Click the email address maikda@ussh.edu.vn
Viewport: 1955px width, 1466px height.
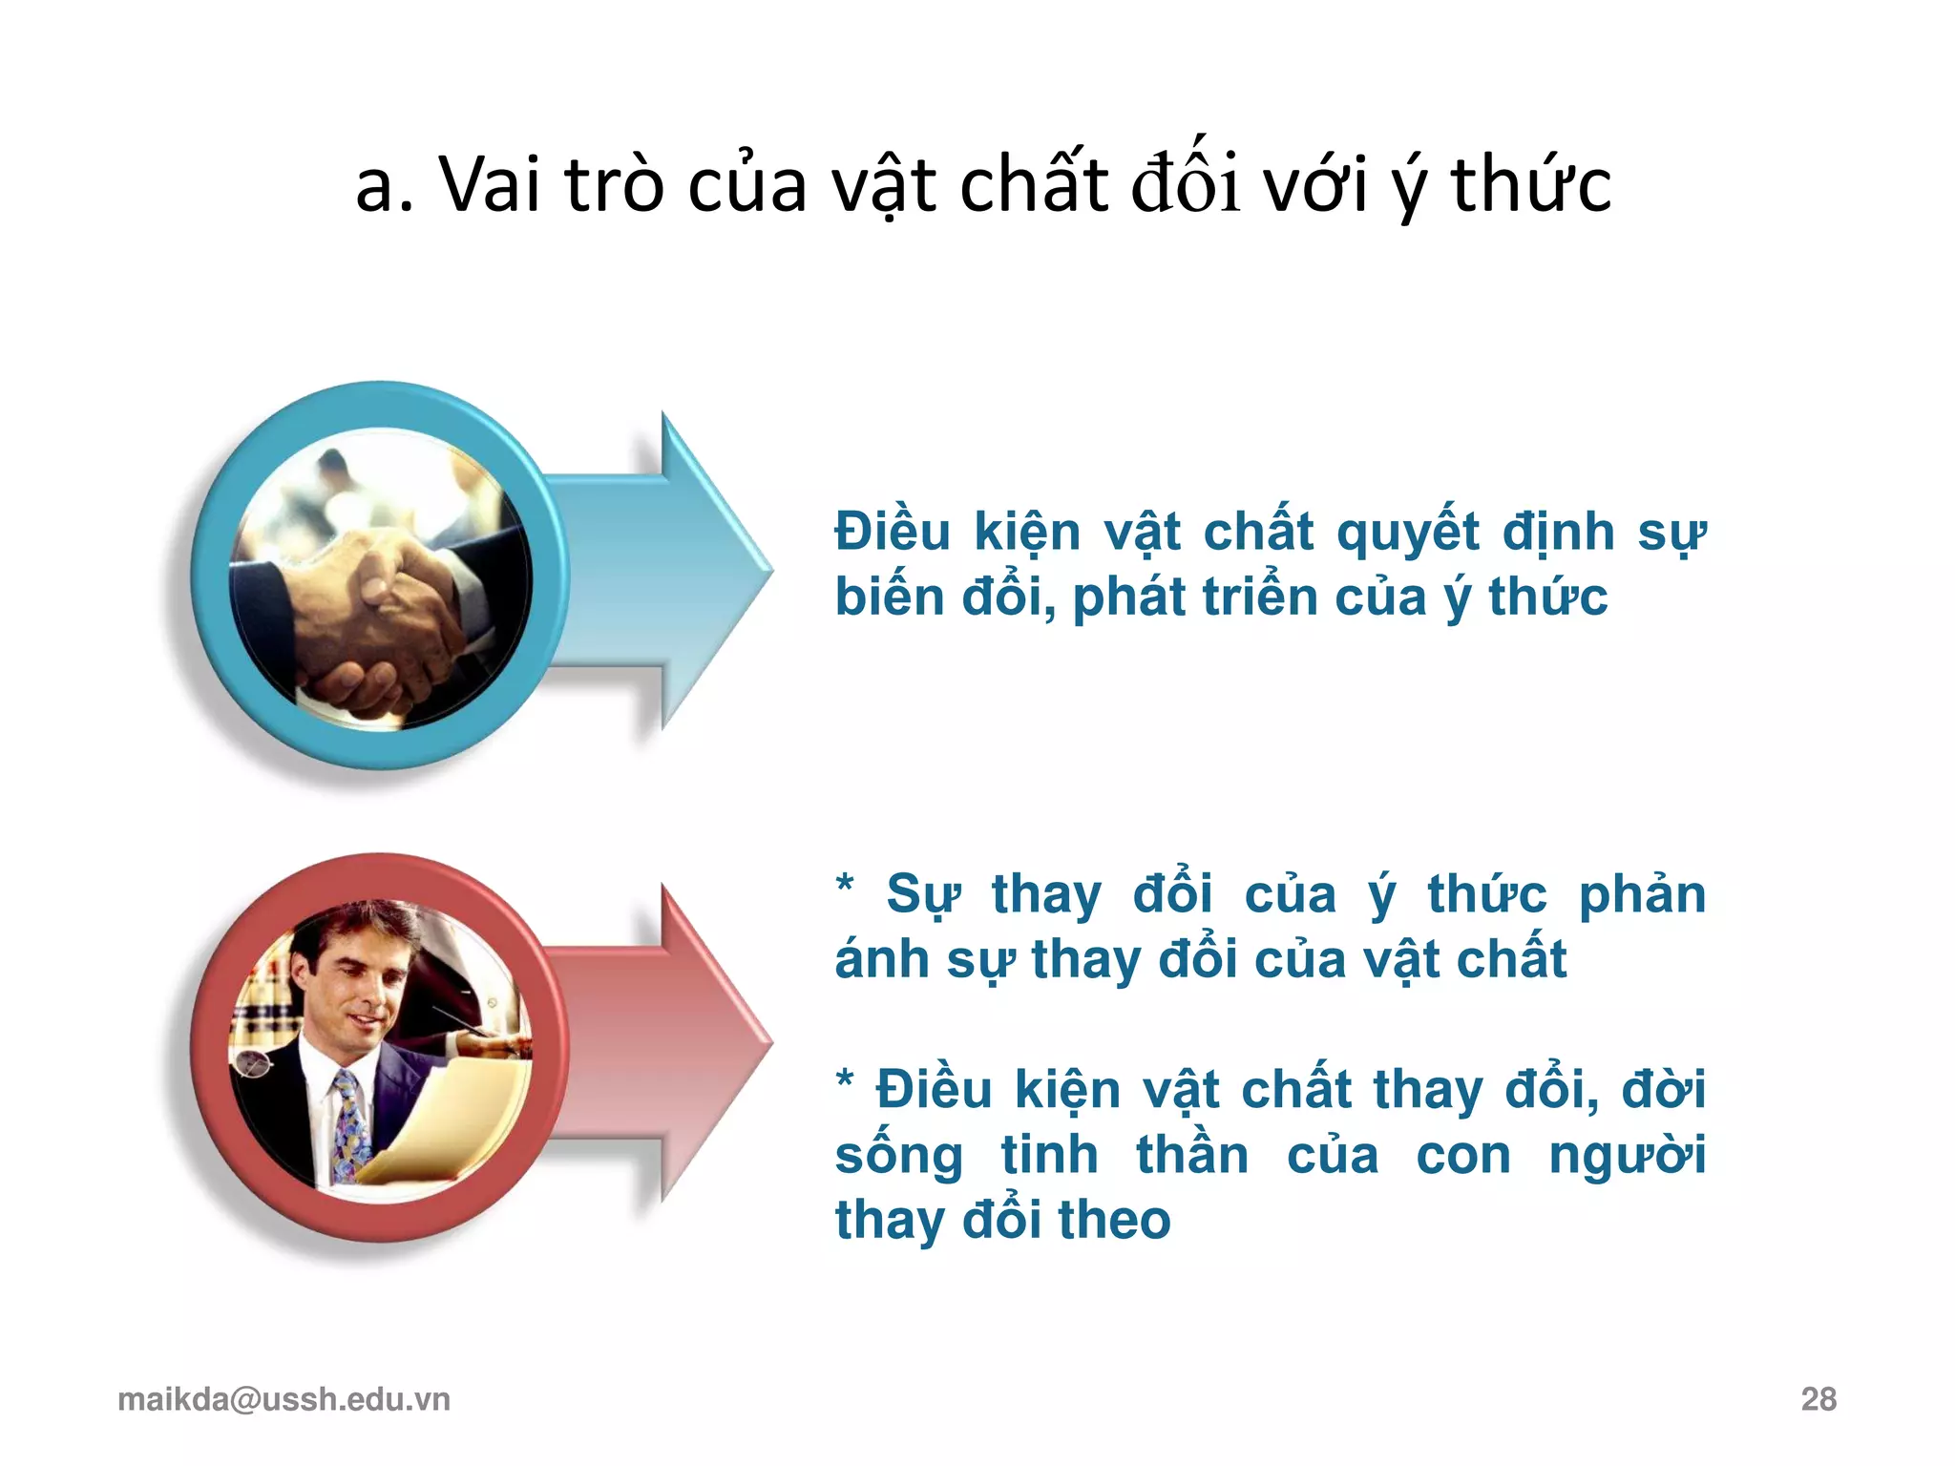point(284,1399)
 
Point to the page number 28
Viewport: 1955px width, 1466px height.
point(1818,1399)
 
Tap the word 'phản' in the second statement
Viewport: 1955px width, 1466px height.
point(1642,895)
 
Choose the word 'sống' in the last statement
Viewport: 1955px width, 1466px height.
point(898,1157)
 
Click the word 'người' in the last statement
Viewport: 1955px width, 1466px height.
point(1627,1157)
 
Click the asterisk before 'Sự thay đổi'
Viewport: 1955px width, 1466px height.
point(845,884)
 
